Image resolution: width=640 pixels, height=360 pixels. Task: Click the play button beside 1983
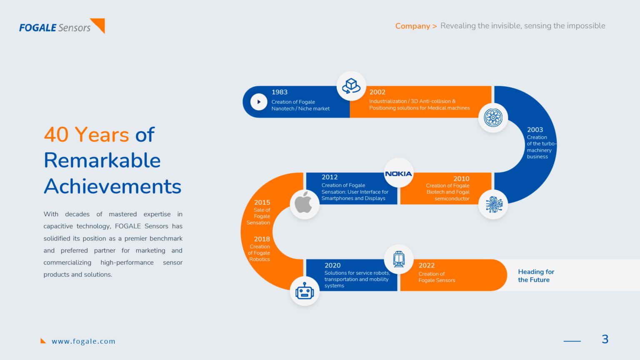[x=259, y=102]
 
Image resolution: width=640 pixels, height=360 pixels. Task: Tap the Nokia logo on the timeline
[x=399, y=174]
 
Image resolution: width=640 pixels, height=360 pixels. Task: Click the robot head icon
[x=305, y=291]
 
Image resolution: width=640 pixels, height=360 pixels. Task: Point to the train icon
[x=399, y=259]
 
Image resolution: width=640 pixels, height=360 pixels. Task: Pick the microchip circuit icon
[x=494, y=205]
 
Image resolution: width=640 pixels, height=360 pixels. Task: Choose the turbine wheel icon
[x=493, y=118]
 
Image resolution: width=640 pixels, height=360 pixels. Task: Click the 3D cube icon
[x=351, y=86]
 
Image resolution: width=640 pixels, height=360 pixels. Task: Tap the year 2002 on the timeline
[x=377, y=92]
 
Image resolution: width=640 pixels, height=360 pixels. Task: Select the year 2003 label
[x=535, y=130]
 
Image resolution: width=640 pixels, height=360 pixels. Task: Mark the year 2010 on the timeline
[x=461, y=179]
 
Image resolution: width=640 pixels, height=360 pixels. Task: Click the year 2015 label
[x=262, y=202]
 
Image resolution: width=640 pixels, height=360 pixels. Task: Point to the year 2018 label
[x=262, y=239]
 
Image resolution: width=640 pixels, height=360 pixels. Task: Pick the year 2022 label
[x=427, y=265]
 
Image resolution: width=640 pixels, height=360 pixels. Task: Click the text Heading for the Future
[x=536, y=276]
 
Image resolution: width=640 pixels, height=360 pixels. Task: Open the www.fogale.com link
[x=83, y=341]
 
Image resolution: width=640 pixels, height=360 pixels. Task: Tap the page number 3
[x=605, y=339]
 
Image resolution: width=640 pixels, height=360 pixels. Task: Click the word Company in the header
[x=412, y=26]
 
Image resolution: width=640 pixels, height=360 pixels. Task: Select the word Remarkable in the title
[x=102, y=160]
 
